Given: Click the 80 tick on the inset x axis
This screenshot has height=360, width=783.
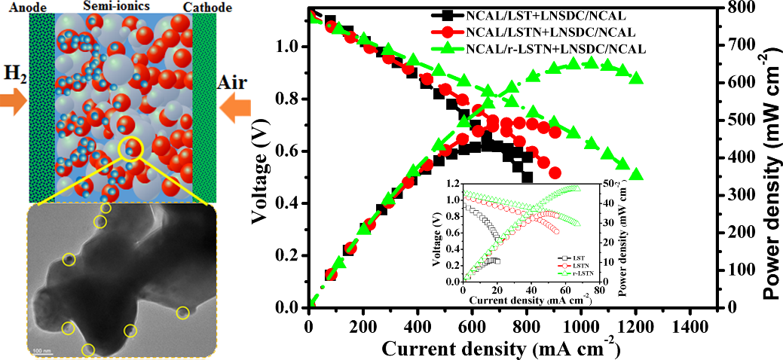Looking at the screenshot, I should (x=598, y=290).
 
